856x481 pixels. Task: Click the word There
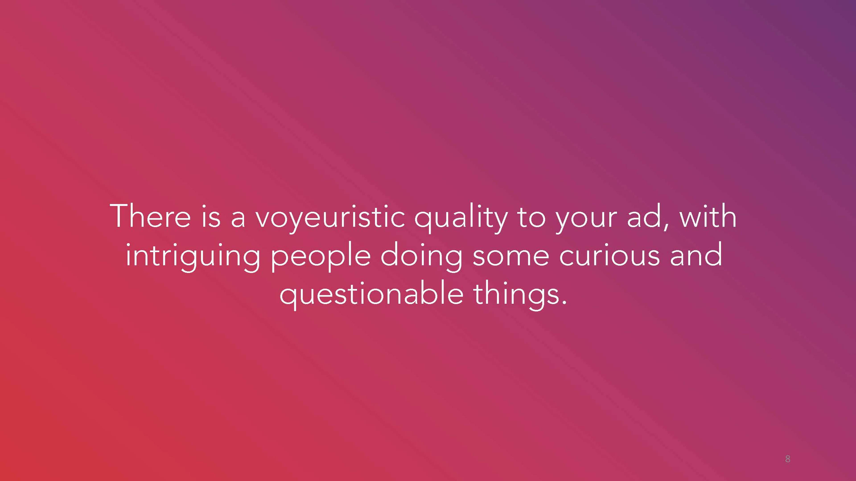(150, 216)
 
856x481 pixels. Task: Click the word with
(708, 216)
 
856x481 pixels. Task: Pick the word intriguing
(193, 257)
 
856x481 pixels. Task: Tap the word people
(321, 257)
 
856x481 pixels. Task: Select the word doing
(421, 257)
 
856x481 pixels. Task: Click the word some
(511, 257)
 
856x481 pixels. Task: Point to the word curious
(609, 254)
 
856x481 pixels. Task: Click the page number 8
(788, 459)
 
